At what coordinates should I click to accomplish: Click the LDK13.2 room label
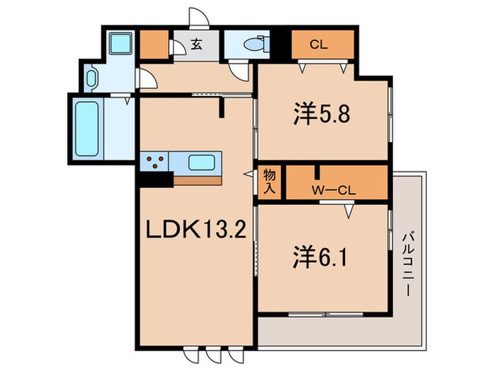click(195, 230)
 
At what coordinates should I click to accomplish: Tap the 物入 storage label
click(270, 182)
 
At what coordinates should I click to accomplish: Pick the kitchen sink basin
click(201, 163)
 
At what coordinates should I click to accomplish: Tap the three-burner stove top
click(155, 163)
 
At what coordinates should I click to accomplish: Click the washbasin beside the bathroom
click(92, 78)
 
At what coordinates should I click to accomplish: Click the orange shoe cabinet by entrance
click(155, 45)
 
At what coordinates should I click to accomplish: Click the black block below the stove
click(156, 179)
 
